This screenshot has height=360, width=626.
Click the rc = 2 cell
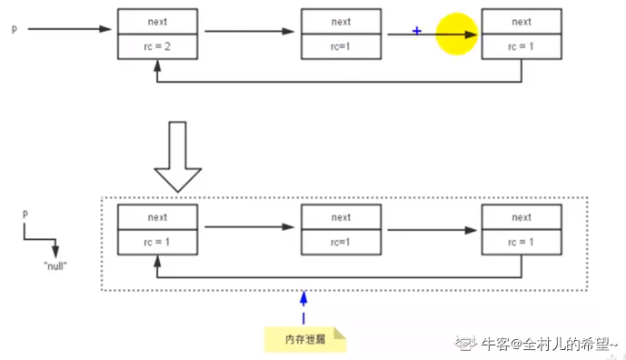(157, 47)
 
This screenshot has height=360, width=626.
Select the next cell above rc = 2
(157, 22)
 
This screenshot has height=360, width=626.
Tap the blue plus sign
(417, 31)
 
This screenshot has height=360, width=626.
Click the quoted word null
(55, 266)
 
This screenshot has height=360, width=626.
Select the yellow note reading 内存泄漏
(305, 338)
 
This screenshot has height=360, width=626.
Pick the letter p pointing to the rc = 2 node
(14, 29)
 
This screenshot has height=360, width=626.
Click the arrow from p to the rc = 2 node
(68, 29)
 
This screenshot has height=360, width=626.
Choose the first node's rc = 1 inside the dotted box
(157, 243)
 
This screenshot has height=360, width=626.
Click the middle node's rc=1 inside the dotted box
(341, 243)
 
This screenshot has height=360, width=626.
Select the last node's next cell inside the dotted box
(522, 217)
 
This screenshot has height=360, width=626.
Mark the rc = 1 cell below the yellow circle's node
(522, 47)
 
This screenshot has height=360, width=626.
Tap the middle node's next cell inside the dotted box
(341, 217)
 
